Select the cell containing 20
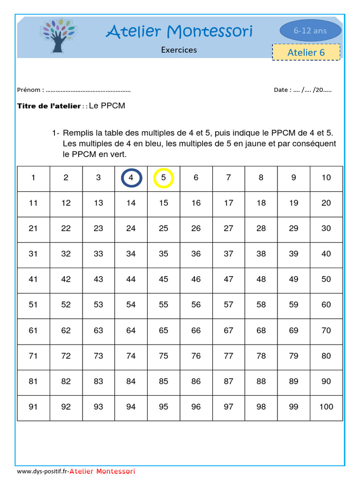pos(326,203)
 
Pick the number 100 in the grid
pos(326,407)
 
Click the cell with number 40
pos(326,254)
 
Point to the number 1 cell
pos(33,178)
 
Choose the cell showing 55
pos(164,305)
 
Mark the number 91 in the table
pos(33,407)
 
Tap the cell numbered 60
pos(326,305)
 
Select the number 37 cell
pos(228,254)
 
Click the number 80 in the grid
pos(326,356)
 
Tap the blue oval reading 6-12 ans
pos(310,31)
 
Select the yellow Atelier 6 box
pos(306,52)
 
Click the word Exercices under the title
pos(179,50)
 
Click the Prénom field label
pos(30,90)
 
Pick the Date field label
pos(282,90)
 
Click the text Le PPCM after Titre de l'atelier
pos(107,106)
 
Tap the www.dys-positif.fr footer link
pos(43,471)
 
